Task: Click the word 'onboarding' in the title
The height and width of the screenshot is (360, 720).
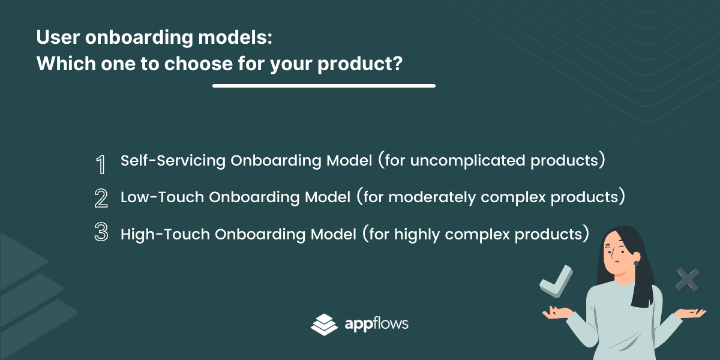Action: (139, 38)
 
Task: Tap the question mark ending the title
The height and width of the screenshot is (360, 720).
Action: (397, 62)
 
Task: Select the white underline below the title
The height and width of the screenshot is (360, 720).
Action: (323, 86)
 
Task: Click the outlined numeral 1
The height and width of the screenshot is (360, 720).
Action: (101, 164)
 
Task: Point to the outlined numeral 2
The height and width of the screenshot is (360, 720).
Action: (101, 198)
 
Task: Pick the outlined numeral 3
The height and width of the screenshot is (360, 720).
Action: (101, 232)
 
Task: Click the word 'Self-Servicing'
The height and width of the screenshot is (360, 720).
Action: (173, 160)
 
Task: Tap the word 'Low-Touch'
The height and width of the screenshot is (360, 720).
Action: (162, 197)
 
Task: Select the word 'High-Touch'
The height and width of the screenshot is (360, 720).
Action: (165, 234)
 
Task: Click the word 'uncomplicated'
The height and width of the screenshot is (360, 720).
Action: (467, 161)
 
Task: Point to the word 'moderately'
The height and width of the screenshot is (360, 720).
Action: (432, 197)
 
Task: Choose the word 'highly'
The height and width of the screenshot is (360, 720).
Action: (417, 235)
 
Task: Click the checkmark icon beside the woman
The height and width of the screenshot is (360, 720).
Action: (556, 281)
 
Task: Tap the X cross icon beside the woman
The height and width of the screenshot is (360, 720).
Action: (689, 280)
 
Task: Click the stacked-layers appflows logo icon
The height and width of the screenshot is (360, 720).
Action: (324, 325)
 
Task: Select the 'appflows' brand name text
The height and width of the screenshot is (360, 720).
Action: (376, 324)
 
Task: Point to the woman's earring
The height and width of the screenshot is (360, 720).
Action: (636, 263)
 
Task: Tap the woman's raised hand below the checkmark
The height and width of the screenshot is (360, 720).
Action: (557, 313)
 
